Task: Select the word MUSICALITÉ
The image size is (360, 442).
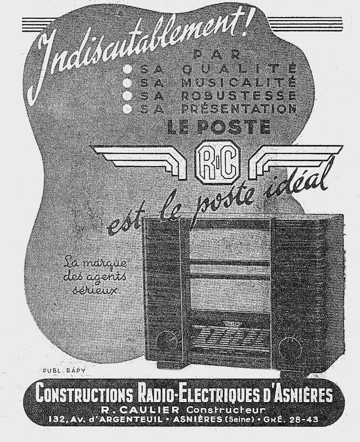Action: [x=238, y=82]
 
